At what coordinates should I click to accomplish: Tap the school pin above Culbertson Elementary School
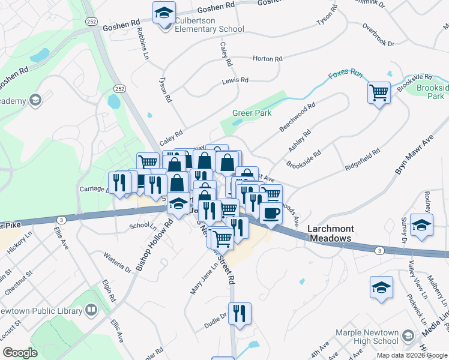point(163,12)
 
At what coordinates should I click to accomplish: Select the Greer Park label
point(252,113)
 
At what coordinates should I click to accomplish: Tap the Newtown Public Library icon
point(91,310)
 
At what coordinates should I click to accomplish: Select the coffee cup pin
point(270,214)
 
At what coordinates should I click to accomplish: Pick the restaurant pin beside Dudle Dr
point(240,313)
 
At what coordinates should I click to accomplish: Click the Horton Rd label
point(267,59)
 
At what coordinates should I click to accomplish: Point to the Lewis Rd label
point(235,80)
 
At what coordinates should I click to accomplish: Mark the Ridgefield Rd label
point(363,161)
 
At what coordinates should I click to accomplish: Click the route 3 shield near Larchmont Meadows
point(379,250)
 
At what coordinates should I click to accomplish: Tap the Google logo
point(20,353)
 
